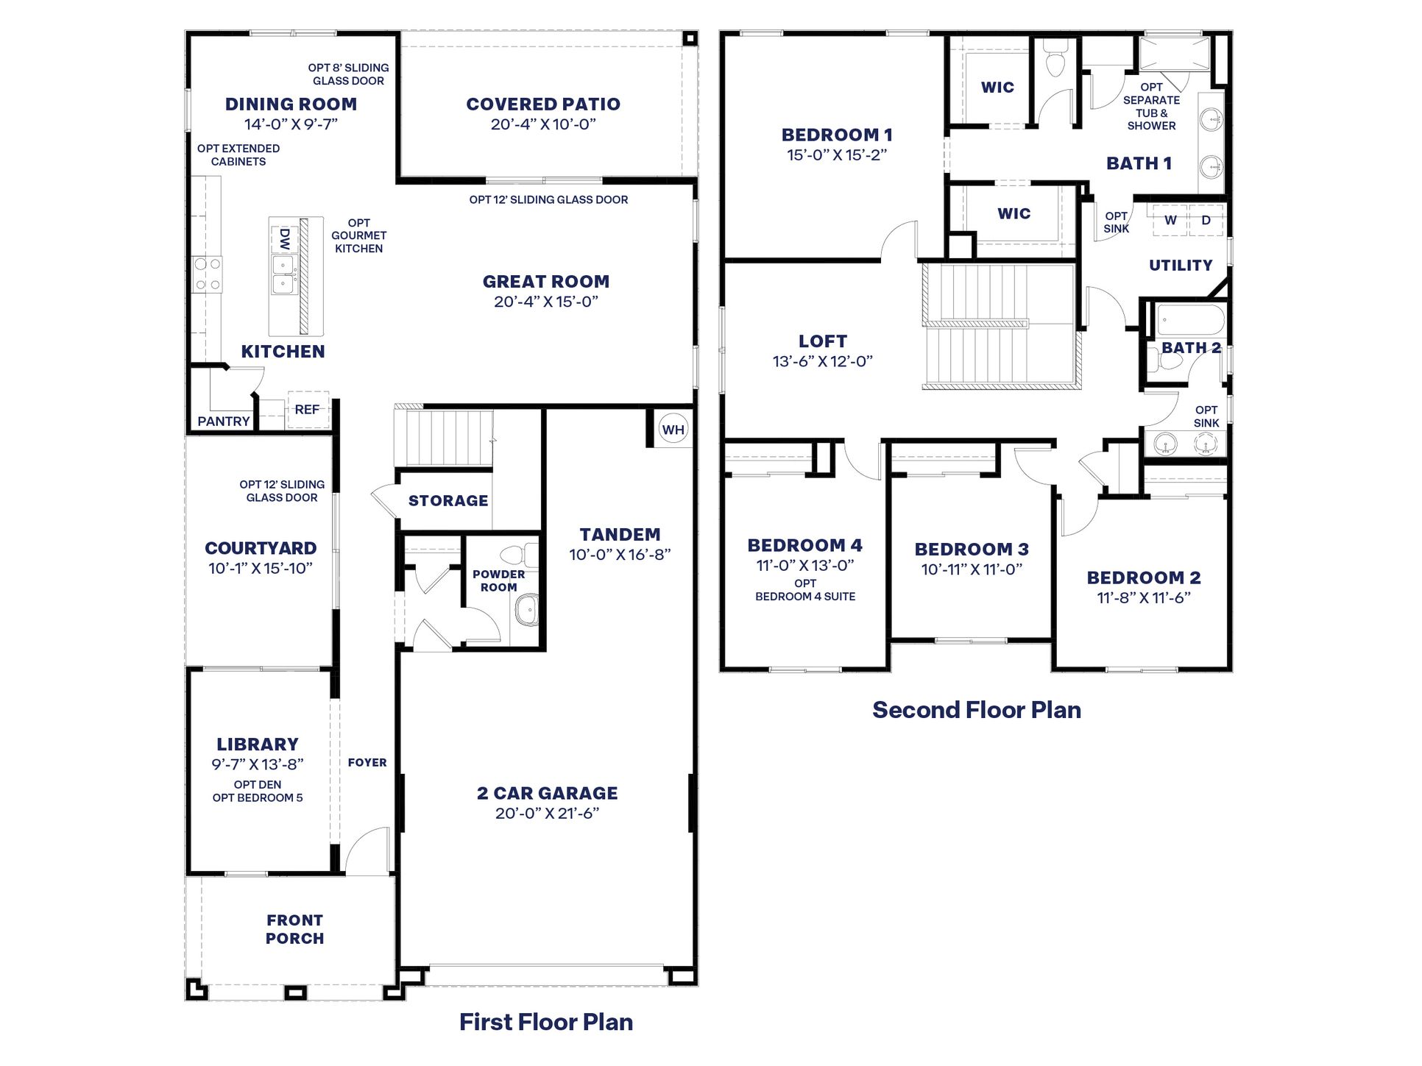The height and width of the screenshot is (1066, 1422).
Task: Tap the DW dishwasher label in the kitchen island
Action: pos(285,238)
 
